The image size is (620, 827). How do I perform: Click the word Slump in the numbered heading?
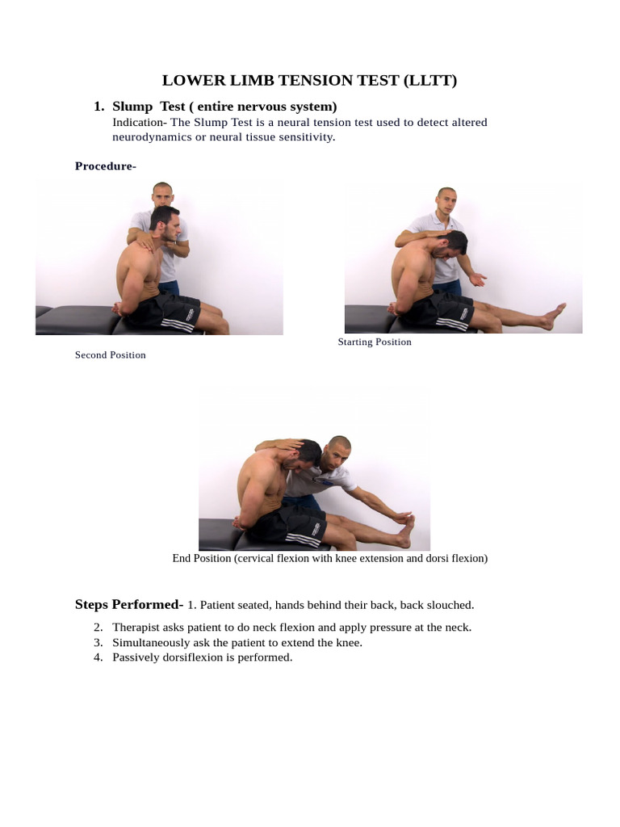coord(132,107)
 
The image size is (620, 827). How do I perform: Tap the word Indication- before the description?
coord(140,123)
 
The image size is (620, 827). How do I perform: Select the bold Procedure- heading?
coord(106,166)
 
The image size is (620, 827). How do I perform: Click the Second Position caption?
coord(110,355)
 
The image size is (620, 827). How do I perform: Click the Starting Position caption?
coord(375,342)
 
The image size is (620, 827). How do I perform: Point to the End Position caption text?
coord(330,558)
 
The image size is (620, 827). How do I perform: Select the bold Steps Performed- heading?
coord(129,604)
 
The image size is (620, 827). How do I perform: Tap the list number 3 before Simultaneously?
coord(98,642)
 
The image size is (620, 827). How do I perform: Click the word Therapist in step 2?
coord(136,627)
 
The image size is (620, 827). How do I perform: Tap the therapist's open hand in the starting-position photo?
coord(478,279)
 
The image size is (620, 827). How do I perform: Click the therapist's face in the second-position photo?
coord(162,196)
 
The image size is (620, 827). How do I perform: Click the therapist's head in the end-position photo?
coord(337,454)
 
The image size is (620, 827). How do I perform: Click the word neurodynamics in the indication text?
coord(152,137)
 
